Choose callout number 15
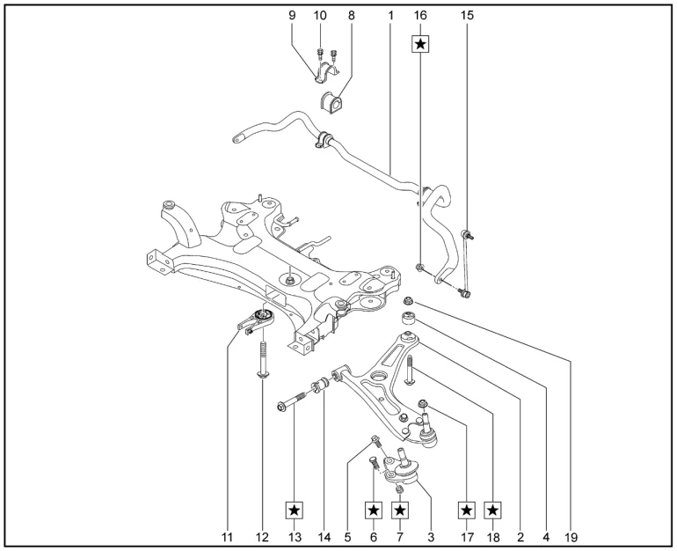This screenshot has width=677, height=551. (x=466, y=16)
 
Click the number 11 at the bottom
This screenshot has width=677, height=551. (x=229, y=534)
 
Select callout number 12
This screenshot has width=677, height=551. (x=261, y=534)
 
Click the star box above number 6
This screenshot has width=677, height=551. (x=373, y=510)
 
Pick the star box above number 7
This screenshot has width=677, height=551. (x=400, y=510)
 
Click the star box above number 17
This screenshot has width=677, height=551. (x=467, y=510)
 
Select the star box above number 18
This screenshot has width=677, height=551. (x=494, y=510)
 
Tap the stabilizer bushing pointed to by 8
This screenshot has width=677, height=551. (x=334, y=102)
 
